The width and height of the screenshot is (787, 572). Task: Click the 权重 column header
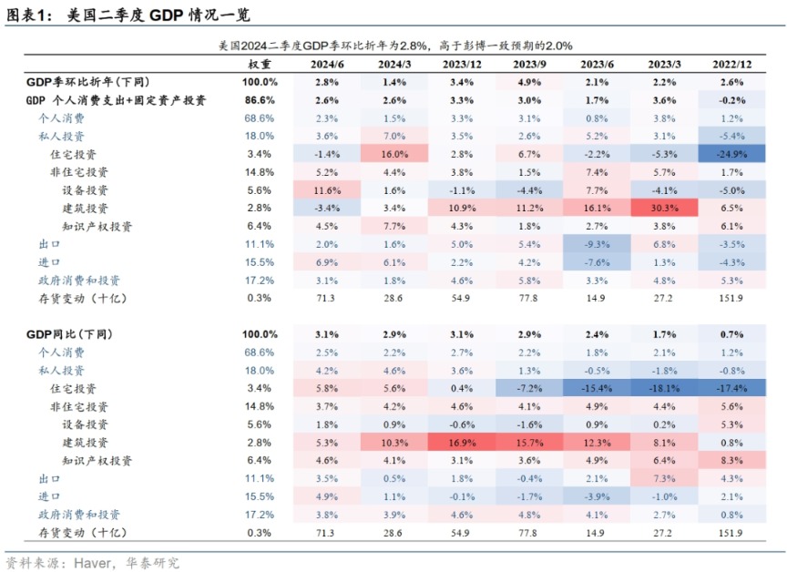[260, 65]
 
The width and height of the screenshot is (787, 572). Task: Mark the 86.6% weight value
[260, 100]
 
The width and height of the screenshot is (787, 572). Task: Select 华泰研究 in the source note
[155, 562]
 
